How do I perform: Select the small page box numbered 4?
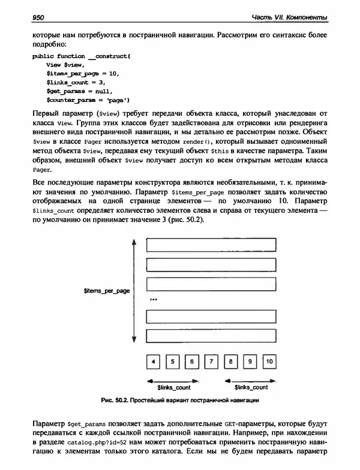click(x=154, y=361)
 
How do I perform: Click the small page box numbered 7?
click(x=211, y=361)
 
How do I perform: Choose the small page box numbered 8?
click(x=230, y=361)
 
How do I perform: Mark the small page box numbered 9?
click(x=250, y=361)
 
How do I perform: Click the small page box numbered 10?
click(x=269, y=361)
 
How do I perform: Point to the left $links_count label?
click(x=173, y=387)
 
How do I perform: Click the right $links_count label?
click(x=250, y=387)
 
